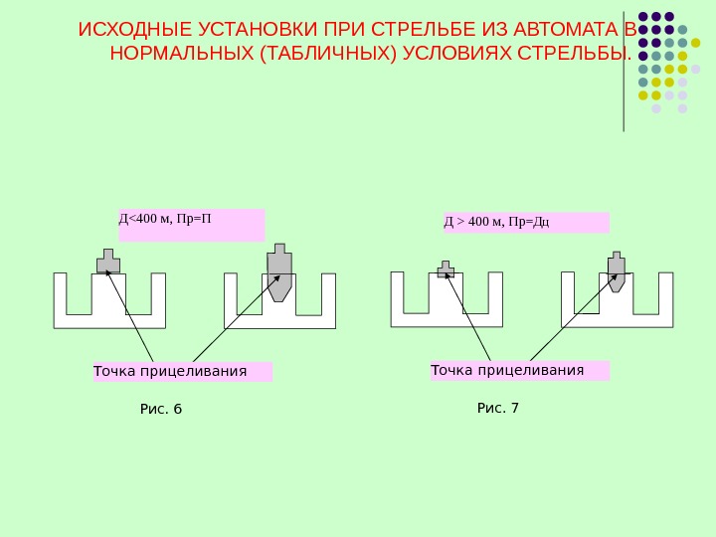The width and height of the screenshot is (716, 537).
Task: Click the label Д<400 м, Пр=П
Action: (166, 219)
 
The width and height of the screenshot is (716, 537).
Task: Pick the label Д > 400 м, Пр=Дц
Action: (497, 221)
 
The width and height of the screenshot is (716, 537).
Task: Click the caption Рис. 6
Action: (161, 409)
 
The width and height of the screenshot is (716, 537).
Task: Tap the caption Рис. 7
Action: (498, 408)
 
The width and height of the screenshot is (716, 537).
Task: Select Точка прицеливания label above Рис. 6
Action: (170, 372)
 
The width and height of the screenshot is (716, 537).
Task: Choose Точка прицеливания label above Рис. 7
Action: (507, 371)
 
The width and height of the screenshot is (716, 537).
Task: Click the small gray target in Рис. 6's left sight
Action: (108, 262)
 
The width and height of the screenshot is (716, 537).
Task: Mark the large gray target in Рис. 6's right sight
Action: (279, 273)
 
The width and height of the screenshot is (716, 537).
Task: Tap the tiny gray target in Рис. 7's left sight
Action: (446, 269)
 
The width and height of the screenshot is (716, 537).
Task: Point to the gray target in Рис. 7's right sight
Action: (617, 271)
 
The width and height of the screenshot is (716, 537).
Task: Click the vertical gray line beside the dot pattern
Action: (624, 70)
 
